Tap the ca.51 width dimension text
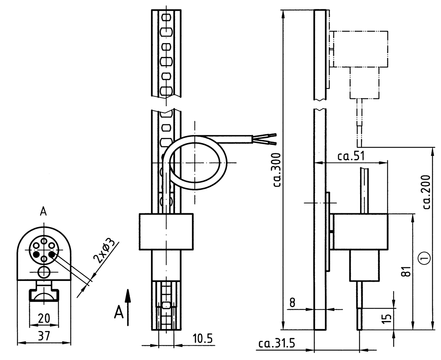[351, 156]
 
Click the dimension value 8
[292, 303]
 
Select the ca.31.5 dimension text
[277, 343]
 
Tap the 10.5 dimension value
[202, 339]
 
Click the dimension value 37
[44, 336]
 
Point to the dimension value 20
[44, 318]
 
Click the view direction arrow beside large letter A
[128, 307]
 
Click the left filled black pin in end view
[36, 254]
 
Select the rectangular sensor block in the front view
[166, 232]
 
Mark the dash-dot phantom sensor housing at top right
[359, 50]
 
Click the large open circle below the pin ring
[44, 272]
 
